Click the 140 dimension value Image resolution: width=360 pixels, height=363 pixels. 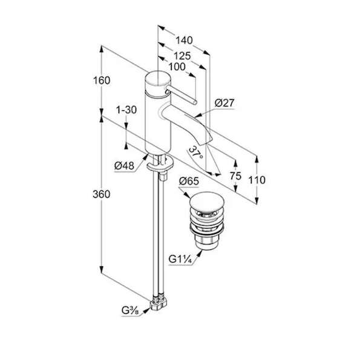pos(184,41)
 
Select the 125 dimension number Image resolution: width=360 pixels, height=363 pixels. pos(182,56)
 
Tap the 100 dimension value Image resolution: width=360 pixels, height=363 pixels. pos(177,67)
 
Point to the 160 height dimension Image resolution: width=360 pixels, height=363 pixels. pos(102,80)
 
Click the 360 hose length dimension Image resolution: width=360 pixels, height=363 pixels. pos(102,194)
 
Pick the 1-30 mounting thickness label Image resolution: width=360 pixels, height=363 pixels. pos(126,110)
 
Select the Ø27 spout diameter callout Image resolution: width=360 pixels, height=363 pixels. pos(224,103)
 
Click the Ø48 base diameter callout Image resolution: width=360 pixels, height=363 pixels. pos(124,166)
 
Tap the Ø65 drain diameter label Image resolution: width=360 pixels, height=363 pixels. pos(189,181)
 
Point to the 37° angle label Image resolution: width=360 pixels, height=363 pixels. pos(196,153)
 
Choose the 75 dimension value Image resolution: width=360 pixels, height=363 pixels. pos(236,176)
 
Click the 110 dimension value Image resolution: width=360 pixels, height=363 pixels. pos(257,180)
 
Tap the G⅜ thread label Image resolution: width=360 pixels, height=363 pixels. pos(130,310)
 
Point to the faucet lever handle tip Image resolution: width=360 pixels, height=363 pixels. pos(195,102)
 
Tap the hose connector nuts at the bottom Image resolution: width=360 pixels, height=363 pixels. pos(159,302)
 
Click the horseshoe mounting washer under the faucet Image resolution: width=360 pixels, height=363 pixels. pos(160,163)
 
